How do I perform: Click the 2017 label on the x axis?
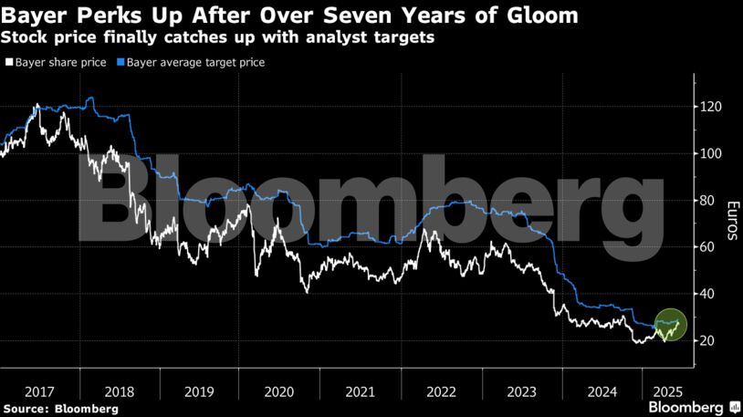pos(39,391)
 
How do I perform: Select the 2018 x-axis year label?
pos(119,391)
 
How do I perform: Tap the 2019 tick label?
pos(199,391)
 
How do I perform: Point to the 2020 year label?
pos(279,391)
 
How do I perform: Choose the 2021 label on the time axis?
pos(360,391)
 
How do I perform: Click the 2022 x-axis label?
pos(440,391)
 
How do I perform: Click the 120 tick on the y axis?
pos(712,108)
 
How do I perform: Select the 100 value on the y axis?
pos(712,154)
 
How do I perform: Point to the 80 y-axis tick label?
pos(708,201)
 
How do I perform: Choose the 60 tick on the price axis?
pos(708,247)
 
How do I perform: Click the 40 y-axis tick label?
pos(708,294)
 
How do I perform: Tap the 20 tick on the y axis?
pos(708,340)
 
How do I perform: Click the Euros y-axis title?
pos(731,221)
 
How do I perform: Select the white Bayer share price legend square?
pos(8,63)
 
